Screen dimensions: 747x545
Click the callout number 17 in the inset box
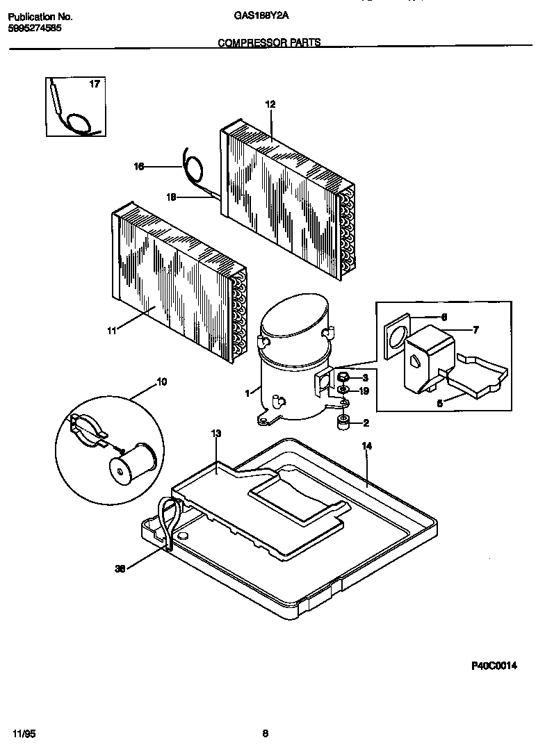coord(95,85)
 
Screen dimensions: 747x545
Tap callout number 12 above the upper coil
coord(270,104)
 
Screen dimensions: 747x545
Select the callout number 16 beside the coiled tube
coord(138,166)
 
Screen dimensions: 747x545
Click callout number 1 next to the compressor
coord(247,393)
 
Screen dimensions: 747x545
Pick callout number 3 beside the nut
coord(365,377)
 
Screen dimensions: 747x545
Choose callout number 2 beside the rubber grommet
coord(365,422)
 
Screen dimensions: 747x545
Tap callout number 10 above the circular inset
coord(161,381)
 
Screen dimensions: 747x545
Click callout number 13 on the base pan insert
coord(216,434)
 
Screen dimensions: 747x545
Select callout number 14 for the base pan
coord(367,447)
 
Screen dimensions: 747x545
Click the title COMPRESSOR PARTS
coord(269,42)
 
